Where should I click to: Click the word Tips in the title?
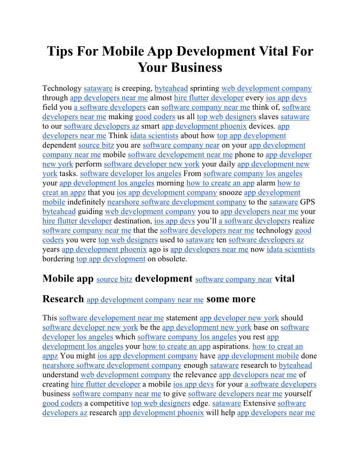(60, 51)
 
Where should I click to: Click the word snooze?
(230, 192)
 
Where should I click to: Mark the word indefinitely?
(86, 202)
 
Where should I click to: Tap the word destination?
(133, 221)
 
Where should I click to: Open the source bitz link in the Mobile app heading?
(114, 279)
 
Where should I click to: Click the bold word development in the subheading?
(164, 278)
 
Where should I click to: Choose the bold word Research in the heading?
(63, 299)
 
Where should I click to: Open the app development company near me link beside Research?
(145, 300)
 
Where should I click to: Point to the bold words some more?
(231, 299)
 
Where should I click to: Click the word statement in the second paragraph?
(182, 318)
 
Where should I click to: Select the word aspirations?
(232, 346)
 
